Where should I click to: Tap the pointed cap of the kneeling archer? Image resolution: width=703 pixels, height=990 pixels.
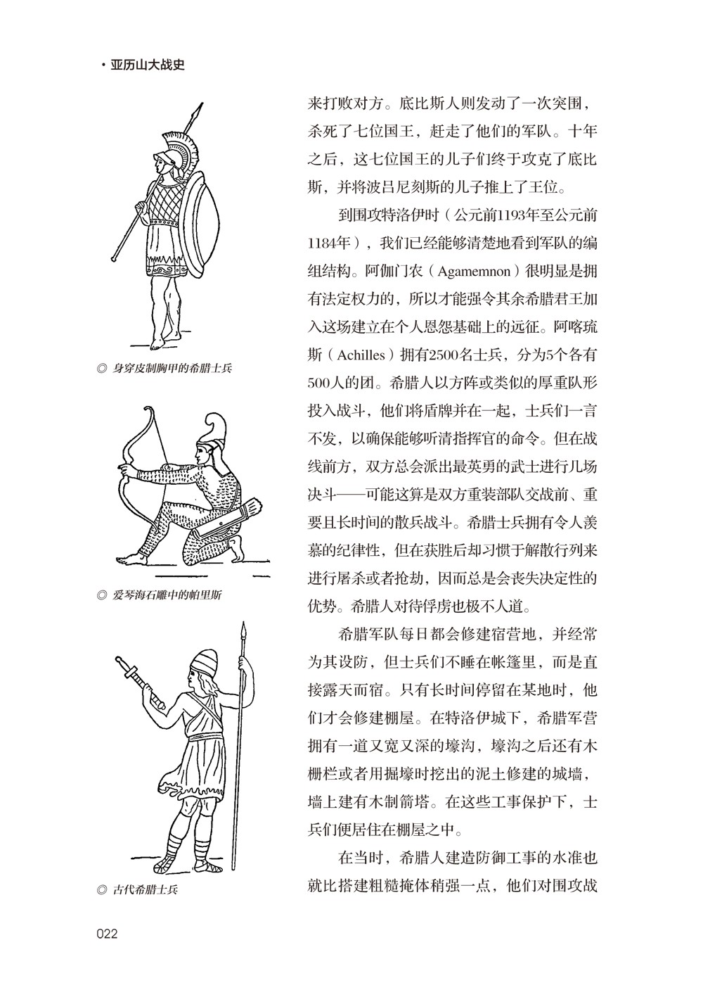click(214, 430)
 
